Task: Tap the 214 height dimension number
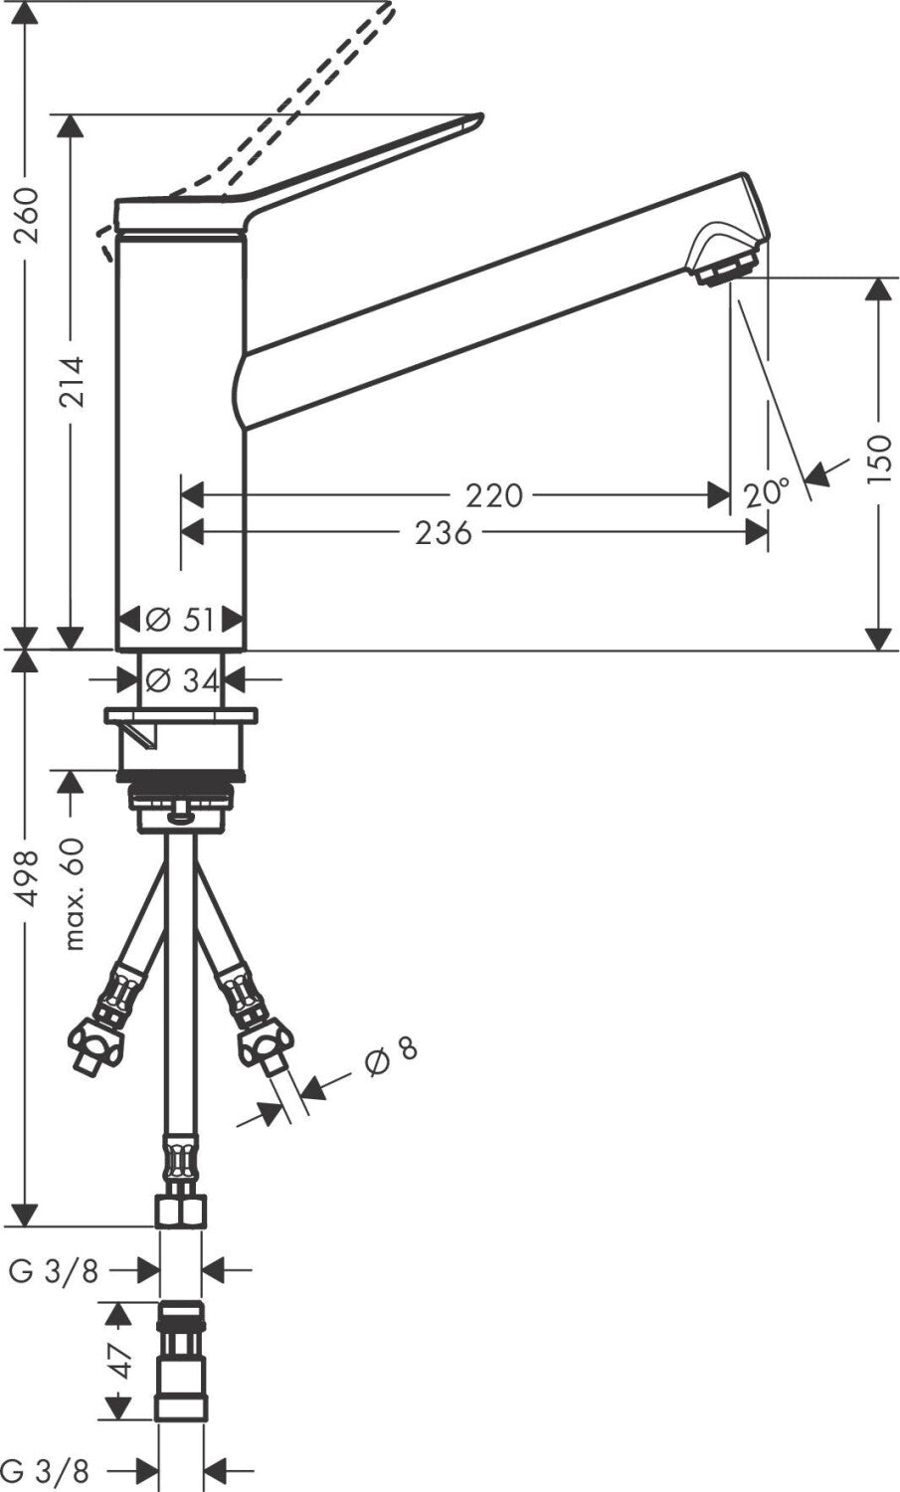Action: click(x=72, y=383)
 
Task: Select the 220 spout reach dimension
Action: click(x=493, y=495)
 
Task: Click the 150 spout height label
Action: click(x=879, y=459)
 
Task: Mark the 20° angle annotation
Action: click(x=766, y=493)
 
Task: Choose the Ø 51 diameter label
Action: click(x=180, y=620)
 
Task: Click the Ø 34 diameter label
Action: click(x=182, y=680)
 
